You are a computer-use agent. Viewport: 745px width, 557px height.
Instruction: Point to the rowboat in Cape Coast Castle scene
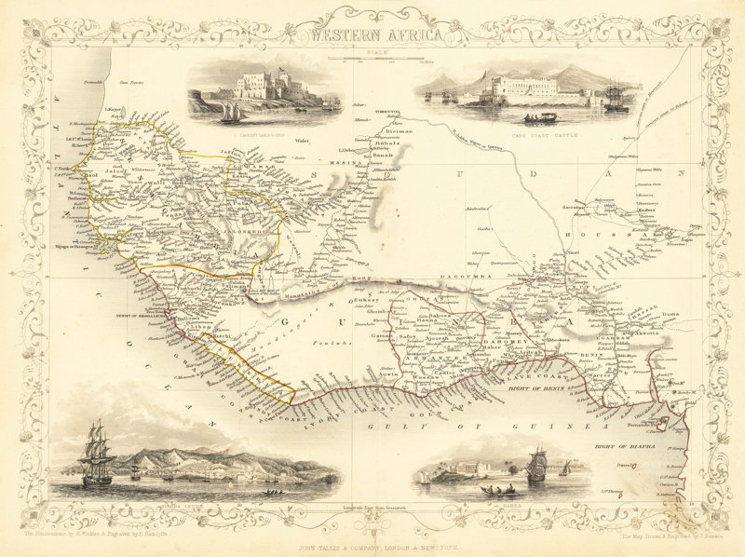540,118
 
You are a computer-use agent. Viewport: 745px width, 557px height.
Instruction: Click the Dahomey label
481,343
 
